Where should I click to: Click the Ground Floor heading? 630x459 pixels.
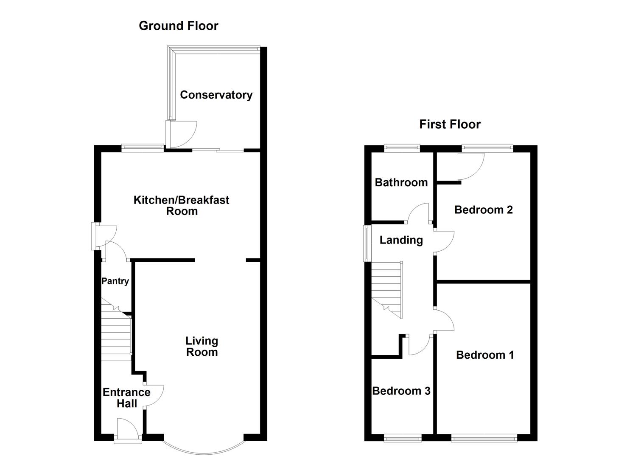(x=178, y=26)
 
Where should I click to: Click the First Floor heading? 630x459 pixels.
(x=450, y=125)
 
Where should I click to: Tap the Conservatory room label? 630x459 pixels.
(x=216, y=95)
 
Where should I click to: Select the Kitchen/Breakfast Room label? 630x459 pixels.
(x=181, y=205)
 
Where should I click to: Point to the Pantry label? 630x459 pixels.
(x=115, y=281)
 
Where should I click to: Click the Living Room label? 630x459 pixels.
(x=202, y=346)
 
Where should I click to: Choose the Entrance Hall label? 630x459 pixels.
(x=126, y=398)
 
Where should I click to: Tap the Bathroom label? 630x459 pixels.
(x=401, y=183)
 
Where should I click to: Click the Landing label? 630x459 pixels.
(x=401, y=240)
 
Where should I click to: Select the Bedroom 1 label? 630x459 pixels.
(x=485, y=355)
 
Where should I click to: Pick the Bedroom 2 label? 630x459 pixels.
(x=483, y=210)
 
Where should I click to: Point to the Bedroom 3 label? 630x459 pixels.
(x=401, y=391)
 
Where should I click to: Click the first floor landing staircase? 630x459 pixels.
(x=387, y=289)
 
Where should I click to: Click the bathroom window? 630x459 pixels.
(x=402, y=148)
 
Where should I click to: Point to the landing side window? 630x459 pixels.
(x=366, y=243)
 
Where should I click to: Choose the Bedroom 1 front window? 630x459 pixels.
(x=484, y=438)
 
